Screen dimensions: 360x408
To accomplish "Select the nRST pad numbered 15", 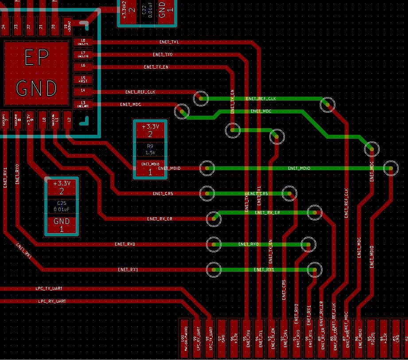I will [x=83, y=79].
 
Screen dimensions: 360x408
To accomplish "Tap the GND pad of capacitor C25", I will [x=62, y=224].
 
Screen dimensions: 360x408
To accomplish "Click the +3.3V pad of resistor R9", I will [x=150, y=130].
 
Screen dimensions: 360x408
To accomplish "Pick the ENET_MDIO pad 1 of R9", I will [x=150, y=168].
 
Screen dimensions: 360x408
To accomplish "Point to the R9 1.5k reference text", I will [x=150, y=149].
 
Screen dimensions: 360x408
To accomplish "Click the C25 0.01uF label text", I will [x=62, y=206].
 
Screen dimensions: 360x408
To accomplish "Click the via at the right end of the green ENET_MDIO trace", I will [x=390, y=168].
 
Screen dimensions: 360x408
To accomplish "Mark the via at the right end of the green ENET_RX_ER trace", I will [x=315, y=213].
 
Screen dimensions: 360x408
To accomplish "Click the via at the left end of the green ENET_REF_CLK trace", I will [x=201, y=98].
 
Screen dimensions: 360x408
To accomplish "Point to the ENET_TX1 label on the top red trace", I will [x=169, y=42].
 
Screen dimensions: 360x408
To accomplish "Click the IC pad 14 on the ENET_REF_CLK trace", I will [x=83, y=91].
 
